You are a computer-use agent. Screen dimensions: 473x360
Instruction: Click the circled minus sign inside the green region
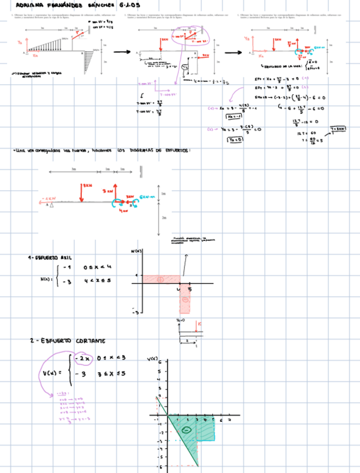tap(187, 429)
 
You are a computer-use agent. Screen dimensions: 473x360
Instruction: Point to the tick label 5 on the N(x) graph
tap(189, 289)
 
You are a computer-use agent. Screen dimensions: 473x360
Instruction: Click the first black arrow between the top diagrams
tap(122, 52)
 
